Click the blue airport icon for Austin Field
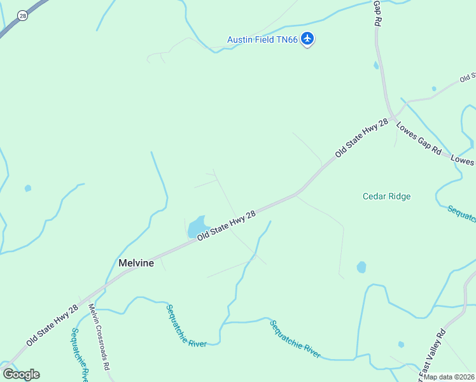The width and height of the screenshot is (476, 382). [308, 39]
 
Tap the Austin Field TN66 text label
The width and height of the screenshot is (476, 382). [262, 40]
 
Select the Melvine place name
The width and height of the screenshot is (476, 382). [136, 263]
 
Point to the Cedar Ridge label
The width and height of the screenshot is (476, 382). [386, 196]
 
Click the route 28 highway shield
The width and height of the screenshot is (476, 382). [23, 15]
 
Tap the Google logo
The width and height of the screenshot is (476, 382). [21, 374]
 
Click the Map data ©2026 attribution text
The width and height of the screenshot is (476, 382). [449, 377]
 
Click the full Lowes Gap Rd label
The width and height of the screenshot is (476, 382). [419, 140]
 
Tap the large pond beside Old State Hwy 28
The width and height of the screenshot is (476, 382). [199, 226]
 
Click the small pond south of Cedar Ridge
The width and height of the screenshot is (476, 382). [361, 267]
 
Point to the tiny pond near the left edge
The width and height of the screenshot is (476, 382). [27, 188]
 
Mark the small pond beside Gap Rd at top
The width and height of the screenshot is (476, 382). [376, 65]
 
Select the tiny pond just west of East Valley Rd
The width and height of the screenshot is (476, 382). [401, 344]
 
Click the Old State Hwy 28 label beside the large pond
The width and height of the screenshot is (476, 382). [227, 225]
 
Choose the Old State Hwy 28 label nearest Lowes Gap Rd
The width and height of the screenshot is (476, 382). [361, 139]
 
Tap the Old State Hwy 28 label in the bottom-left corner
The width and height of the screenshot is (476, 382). [52, 325]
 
